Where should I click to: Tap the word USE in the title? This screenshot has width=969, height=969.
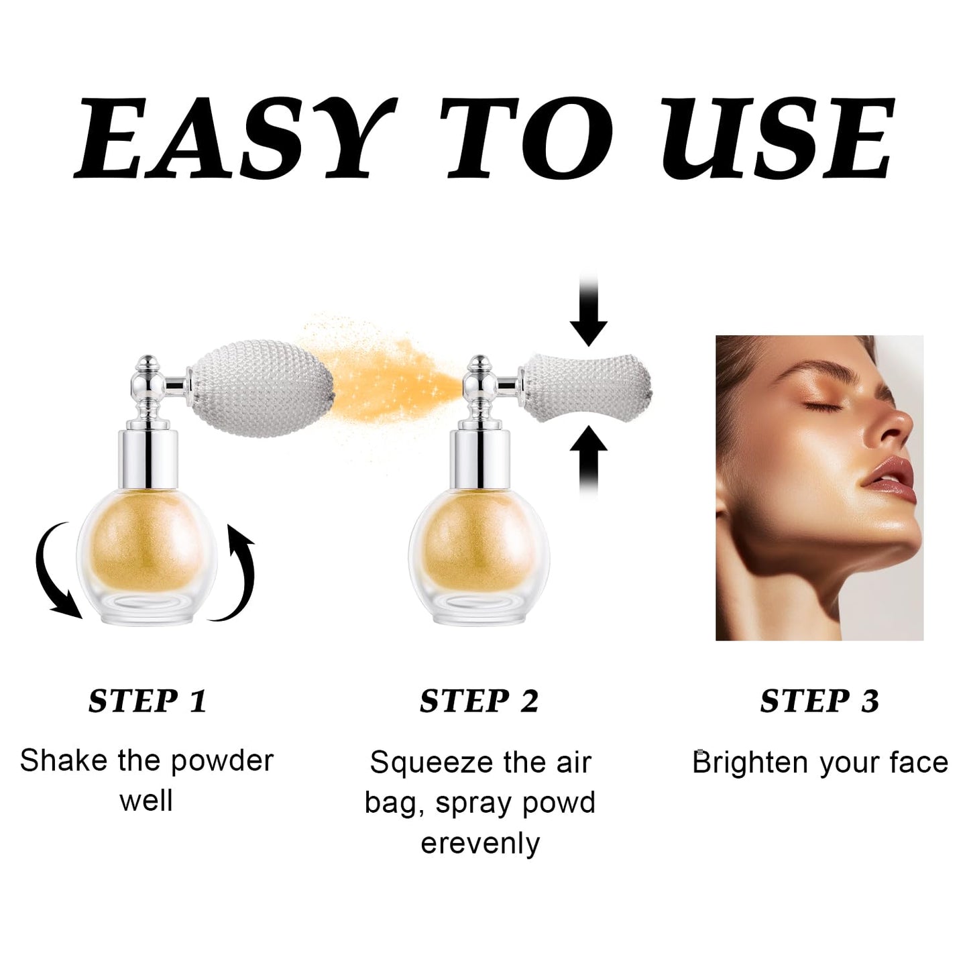point(778,137)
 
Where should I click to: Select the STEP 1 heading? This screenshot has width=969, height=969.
point(148,701)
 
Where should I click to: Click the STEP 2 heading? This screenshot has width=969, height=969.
point(479,701)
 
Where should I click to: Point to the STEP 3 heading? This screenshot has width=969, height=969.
point(819,701)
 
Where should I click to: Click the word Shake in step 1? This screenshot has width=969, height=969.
point(64,760)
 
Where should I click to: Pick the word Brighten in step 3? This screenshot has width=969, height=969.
point(751,762)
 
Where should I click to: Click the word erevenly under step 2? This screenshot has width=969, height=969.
point(480,844)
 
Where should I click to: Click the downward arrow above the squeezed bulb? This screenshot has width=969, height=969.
point(588,309)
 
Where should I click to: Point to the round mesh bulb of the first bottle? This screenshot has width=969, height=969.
point(262,389)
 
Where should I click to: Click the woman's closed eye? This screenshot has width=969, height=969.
point(815,405)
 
